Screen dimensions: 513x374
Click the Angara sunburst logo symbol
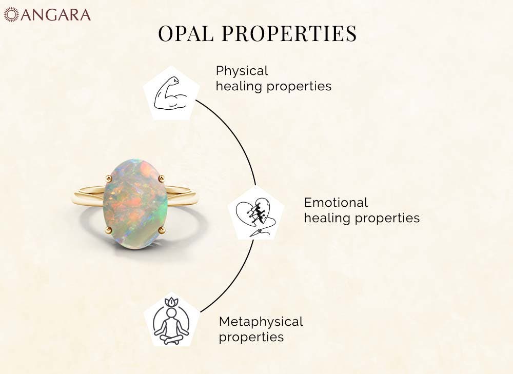pos(11,15)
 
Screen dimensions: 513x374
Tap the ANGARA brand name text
pos(55,15)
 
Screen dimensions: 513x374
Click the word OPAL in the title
pos(186,33)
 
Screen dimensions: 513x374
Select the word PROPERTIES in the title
pos(289,33)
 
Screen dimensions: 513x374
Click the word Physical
pos(242,71)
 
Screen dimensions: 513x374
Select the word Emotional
pos(336,203)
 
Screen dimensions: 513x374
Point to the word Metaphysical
pos(261,322)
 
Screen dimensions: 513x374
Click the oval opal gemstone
pos(135,204)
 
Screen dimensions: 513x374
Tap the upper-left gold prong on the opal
pos(109,178)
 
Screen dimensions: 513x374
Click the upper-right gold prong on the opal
pos(161,179)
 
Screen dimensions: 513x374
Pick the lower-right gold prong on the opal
pos(161,230)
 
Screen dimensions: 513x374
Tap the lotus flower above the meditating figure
pos(171,302)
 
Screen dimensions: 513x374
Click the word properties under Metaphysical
pos(251,338)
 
